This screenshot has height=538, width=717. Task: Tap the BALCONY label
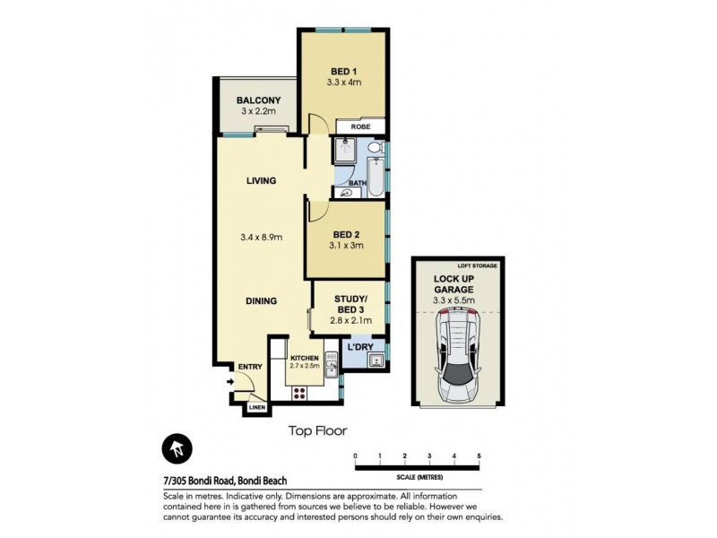click(x=259, y=100)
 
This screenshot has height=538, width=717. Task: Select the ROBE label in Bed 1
click(x=361, y=127)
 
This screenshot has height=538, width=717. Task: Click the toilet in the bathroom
click(x=376, y=146)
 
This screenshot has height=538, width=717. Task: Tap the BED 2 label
click(x=345, y=234)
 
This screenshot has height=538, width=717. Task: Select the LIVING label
click(x=261, y=181)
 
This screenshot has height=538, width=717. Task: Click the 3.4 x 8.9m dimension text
click(x=262, y=238)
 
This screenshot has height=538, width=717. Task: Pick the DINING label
click(x=261, y=301)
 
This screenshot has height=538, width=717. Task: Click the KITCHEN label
click(x=304, y=358)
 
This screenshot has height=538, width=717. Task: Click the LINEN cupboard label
click(x=257, y=409)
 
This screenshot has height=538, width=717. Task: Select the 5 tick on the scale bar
click(x=479, y=456)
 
